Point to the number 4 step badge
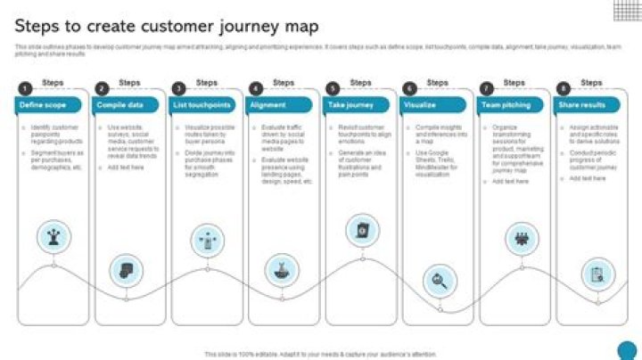(255, 88)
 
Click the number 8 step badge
(564, 88)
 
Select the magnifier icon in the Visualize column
(438, 281)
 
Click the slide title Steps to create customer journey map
(167, 27)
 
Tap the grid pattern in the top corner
(626, 9)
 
